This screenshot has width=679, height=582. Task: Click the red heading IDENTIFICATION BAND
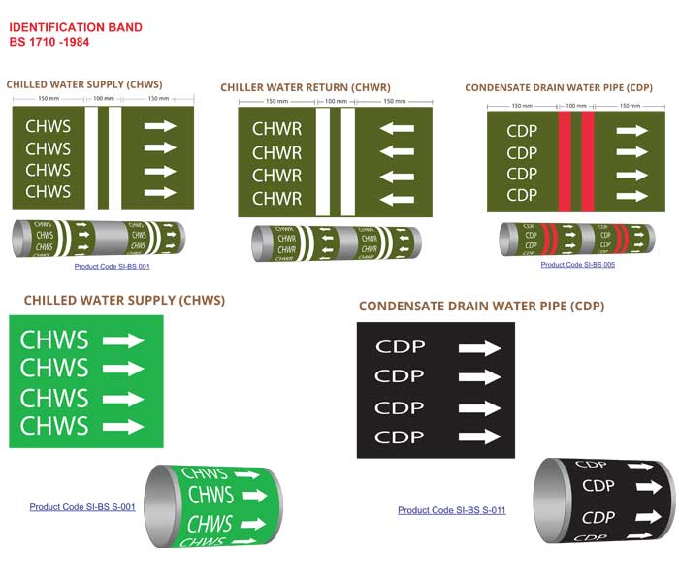[x=76, y=27]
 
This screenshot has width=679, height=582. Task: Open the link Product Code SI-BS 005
[x=577, y=264]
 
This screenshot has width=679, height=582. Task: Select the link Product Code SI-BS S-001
[x=82, y=507]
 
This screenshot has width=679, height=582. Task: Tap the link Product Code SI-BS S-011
[x=451, y=510]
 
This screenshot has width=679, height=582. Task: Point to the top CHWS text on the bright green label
[x=54, y=340]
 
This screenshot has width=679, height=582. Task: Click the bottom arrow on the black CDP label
[x=479, y=436]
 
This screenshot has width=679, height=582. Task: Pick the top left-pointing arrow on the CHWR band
[x=397, y=128]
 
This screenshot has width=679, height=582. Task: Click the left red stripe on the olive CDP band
[x=564, y=161]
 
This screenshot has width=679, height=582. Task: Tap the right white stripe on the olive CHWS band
[x=114, y=158]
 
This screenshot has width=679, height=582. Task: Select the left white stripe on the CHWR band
[x=323, y=162]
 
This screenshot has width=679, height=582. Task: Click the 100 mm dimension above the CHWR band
[x=336, y=101]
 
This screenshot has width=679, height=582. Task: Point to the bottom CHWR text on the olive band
[x=276, y=199]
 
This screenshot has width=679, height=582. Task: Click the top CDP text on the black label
[x=400, y=347]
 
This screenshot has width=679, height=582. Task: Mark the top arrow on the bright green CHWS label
[x=122, y=340]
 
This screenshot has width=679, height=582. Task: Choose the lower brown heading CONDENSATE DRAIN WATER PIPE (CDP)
[x=481, y=307]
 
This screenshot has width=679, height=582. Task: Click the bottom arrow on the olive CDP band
[x=631, y=196]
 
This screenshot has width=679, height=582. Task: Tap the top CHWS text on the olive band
[x=48, y=126]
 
